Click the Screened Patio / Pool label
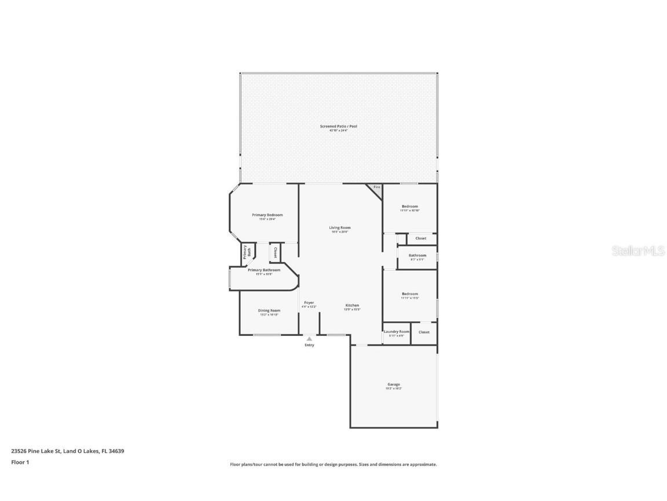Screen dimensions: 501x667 pos(339,126)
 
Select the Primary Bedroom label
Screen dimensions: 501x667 pos(267,215)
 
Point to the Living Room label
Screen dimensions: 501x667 pos(340,228)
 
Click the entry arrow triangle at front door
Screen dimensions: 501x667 pos(309,339)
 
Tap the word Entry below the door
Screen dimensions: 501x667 pos(309,345)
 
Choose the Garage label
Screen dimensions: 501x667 pos(394,384)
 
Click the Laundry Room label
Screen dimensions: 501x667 pos(396,332)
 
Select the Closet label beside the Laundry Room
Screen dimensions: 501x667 pos(424,332)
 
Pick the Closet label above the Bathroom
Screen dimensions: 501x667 pos(420,238)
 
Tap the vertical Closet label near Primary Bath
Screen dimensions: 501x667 pos(275,252)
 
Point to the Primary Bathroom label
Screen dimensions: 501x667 pos(264,270)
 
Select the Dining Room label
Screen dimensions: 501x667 pos(269,311)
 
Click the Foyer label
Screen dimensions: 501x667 pos(309,303)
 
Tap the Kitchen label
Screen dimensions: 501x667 pos(352,306)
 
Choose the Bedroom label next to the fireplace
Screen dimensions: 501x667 pos(409,206)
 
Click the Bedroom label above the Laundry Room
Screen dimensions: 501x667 pos(409,294)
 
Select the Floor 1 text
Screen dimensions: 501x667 pos(20,462)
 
